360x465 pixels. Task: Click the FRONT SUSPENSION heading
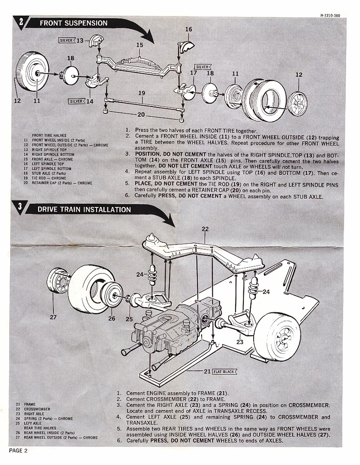coord(73,23)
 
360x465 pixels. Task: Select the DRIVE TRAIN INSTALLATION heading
coord(84,209)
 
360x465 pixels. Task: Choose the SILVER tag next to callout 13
coord(66,40)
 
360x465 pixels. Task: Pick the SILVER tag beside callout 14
coord(75,101)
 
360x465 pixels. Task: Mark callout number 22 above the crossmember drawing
coord(205,228)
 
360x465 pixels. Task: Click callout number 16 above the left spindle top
coord(188,29)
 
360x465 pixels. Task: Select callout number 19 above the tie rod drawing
coord(142,93)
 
